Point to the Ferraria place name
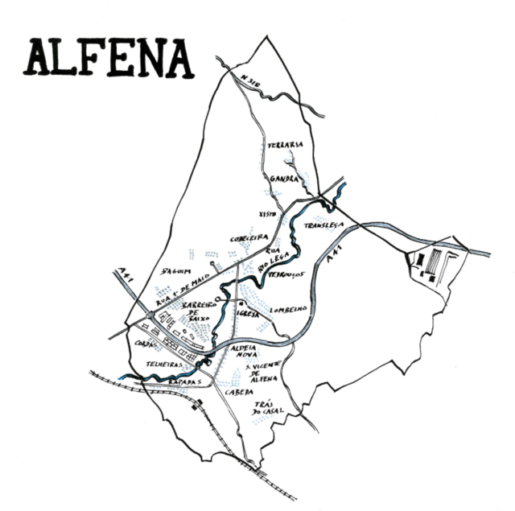[286, 145]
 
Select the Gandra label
[285, 179]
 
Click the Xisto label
[268, 214]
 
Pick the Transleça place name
[324, 225]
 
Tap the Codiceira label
[248, 238]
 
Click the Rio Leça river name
[279, 259]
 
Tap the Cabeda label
[239, 391]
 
